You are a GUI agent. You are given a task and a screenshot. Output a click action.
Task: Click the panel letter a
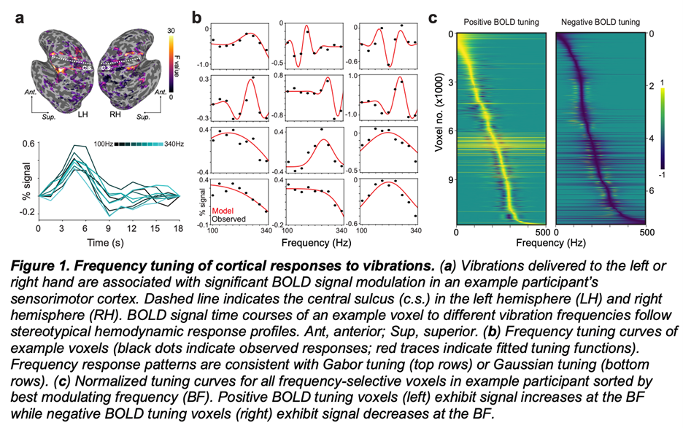point(21,16)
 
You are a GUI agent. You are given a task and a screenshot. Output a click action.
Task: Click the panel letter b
point(197,16)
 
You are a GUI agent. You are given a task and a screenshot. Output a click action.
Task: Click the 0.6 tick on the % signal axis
point(26,144)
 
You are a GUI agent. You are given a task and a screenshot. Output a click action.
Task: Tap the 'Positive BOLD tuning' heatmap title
point(501,23)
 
